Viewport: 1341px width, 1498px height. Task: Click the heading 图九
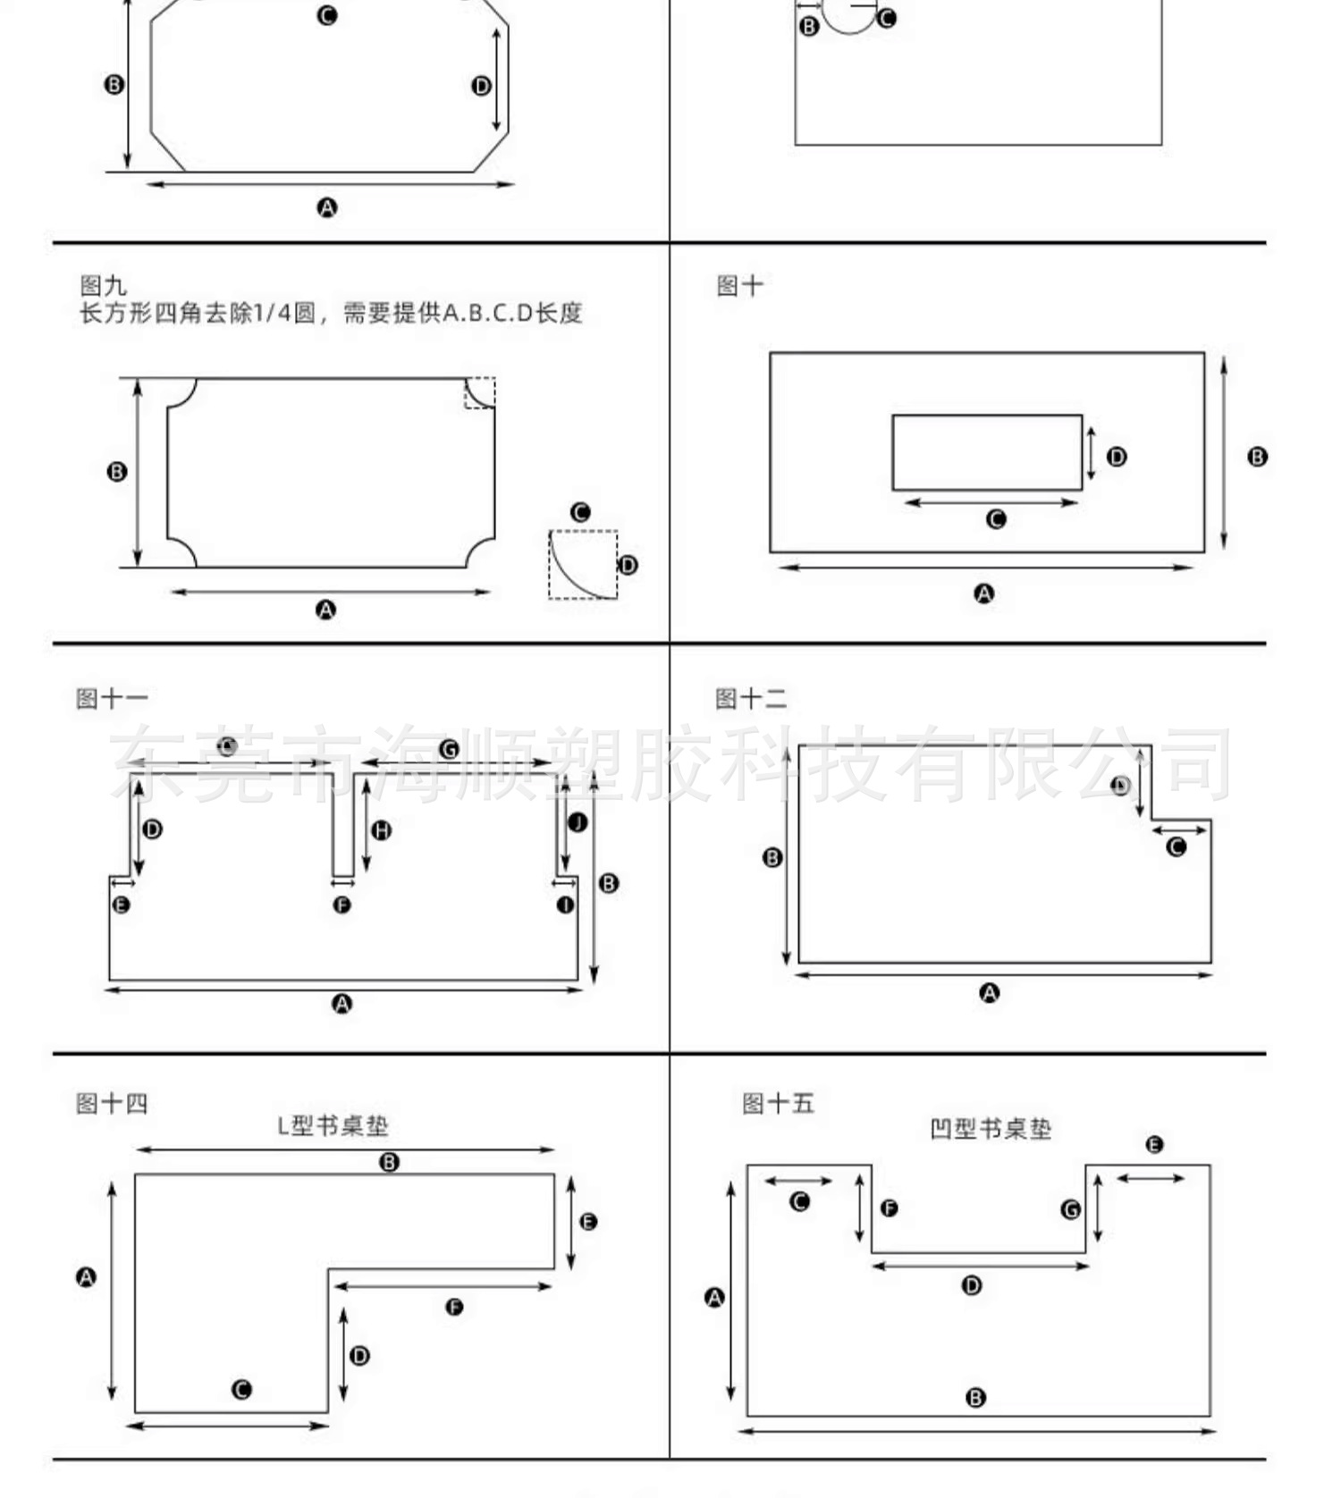(103, 286)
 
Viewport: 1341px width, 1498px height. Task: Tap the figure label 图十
(739, 286)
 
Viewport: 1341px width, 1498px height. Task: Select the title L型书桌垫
(333, 1125)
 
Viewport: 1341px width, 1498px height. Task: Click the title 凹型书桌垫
(990, 1129)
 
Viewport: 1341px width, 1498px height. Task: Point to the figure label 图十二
(751, 699)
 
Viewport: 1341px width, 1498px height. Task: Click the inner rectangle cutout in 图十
(987, 452)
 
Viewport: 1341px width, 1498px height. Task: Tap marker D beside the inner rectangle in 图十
(1117, 457)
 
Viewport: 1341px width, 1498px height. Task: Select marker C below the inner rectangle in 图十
(996, 519)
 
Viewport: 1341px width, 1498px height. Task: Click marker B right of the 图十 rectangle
(1257, 457)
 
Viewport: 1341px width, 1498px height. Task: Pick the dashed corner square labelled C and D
(583, 565)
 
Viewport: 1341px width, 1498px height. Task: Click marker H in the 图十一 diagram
(382, 830)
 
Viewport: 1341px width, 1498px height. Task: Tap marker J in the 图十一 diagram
(578, 822)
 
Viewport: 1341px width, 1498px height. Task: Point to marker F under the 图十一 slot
(342, 905)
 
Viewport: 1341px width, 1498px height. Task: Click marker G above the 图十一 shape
(449, 749)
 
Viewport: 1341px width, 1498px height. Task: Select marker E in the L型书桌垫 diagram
(588, 1222)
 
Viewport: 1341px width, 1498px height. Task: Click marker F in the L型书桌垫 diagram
(454, 1308)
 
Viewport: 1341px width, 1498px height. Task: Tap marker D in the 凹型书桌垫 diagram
(972, 1285)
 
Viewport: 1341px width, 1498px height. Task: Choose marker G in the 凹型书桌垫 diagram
(1070, 1209)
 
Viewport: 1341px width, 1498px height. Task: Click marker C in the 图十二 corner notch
(1177, 846)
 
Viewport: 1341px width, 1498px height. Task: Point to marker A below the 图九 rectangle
(326, 610)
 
